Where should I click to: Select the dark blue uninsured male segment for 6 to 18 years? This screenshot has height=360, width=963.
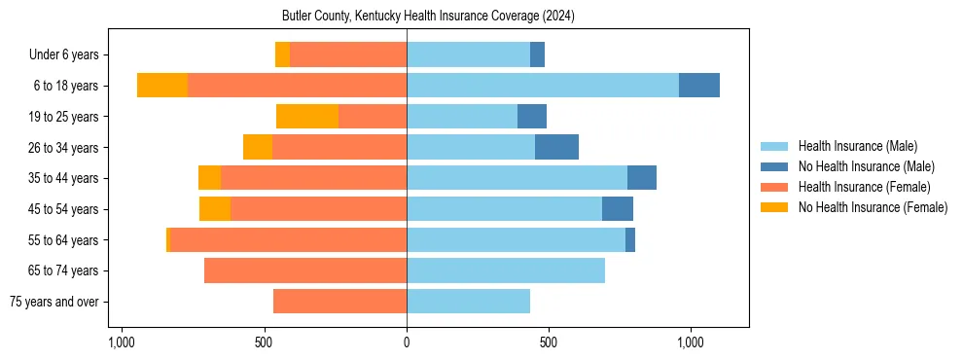coord(698,86)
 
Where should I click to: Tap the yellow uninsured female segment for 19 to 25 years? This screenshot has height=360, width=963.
coord(307,117)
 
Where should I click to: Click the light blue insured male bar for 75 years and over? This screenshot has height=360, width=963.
coord(468,302)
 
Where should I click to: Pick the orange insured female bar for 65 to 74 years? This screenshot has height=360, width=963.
coord(304,270)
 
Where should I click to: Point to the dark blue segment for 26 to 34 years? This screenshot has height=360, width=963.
coord(556,147)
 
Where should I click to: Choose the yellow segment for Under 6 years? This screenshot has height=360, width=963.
coord(282,54)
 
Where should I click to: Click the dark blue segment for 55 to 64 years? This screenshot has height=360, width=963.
coord(630,239)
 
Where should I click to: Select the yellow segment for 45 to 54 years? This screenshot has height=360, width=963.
coord(215,209)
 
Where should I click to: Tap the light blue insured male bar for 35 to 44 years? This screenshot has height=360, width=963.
coord(517,178)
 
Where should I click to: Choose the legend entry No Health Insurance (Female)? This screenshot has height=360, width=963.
coord(873,207)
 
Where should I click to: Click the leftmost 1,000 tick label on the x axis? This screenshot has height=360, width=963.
coord(122,343)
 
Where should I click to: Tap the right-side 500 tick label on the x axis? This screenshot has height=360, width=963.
coord(549,343)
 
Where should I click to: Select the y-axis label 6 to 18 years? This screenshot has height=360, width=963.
coord(65,86)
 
